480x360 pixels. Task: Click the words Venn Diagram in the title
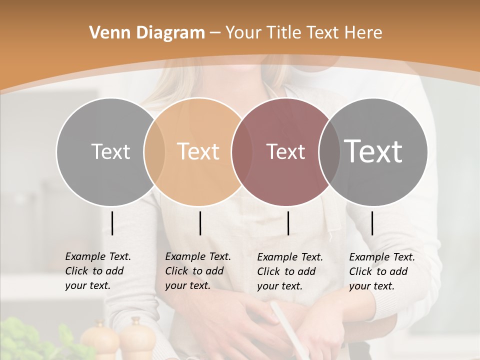pyautogui.click(x=147, y=33)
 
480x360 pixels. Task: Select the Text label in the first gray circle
pyautogui.click(x=110, y=151)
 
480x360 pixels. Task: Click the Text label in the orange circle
pyautogui.click(x=198, y=151)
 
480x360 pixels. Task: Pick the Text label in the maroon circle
pyautogui.click(x=285, y=151)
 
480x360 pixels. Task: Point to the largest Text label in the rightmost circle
pyautogui.click(x=373, y=151)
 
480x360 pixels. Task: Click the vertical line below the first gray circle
pyautogui.click(x=112, y=223)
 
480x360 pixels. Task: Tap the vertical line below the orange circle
pyautogui.click(x=200, y=223)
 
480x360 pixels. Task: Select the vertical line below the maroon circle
pyautogui.click(x=288, y=223)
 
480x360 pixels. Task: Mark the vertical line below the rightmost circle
pyautogui.click(x=372, y=223)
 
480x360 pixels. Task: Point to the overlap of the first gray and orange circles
pyautogui.click(x=154, y=151)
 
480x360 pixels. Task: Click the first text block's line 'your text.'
pyautogui.click(x=87, y=285)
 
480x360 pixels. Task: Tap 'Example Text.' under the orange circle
pyautogui.click(x=198, y=256)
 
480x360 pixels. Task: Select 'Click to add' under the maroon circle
pyautogui.click(x=286, y=271)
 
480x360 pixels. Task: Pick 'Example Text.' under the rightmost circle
pyautogui.click(x=382, y=257)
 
